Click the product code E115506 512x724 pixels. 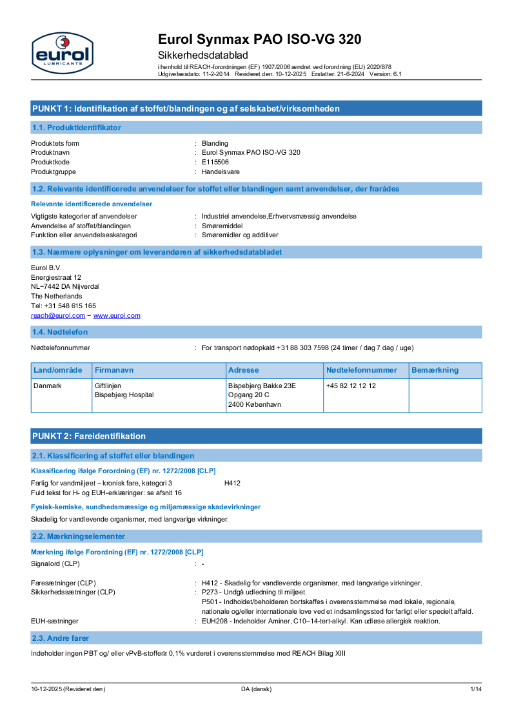click(x=215, y=162)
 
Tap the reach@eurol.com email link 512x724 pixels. click(x=58, y=315)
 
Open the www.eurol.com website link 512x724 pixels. click(x=117, y=315)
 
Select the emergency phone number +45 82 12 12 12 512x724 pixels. click(x=351, y=386)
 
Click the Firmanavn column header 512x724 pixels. click(x=114, y=370)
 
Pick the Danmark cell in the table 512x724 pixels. click(x=47, y=386)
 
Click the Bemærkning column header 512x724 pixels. click(x=435, y=370)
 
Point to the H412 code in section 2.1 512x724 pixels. click(x=232, y=483)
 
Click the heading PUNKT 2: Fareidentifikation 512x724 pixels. click(x=89, y=436)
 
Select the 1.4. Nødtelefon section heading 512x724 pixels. click(x=60, y=332)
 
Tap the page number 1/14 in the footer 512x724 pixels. click(x=475, y=689)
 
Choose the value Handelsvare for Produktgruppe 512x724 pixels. click(x=220, y=171)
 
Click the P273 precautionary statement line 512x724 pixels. click(x=255, y=592)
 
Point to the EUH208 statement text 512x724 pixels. click(x=320, y=621)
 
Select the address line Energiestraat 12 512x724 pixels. click(x=56, y=277)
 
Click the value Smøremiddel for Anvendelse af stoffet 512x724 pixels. click(x=222, y=226)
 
